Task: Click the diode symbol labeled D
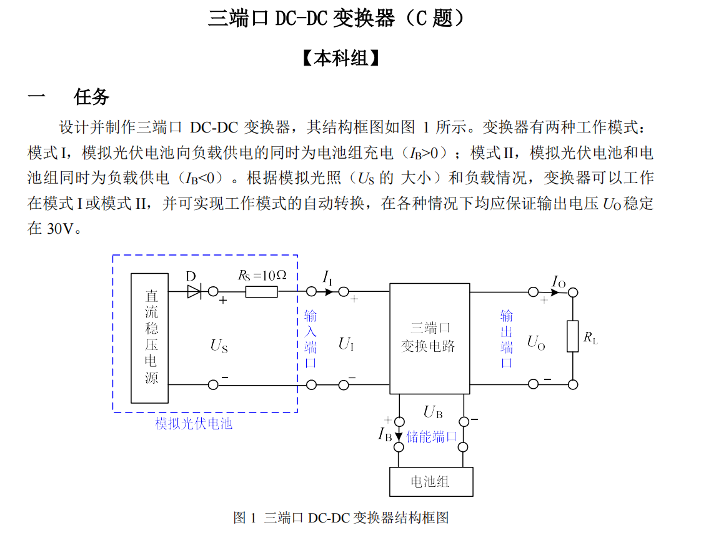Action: click(194, 291)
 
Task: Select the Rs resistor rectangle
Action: click(262, 291)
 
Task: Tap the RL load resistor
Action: click(572, 336)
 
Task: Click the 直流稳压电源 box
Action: click(150, 337)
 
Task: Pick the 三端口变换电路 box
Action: click(429, 338)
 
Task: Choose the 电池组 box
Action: click(430, 481)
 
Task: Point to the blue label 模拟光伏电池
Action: click(194, 424)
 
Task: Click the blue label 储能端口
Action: click(432, 436)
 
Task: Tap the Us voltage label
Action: click(219, 345)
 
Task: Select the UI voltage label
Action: click(346, 343)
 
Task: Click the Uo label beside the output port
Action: click(536, 342)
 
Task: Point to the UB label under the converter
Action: click(433, 411)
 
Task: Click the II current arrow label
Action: click(327, 277)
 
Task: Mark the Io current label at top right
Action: click(559, 281)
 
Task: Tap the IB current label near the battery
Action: click(385, 434)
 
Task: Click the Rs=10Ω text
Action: click(262, 275)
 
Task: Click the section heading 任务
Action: click(91, 96)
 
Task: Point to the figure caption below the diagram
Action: click(341, 517)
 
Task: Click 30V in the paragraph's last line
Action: click(61, 229)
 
